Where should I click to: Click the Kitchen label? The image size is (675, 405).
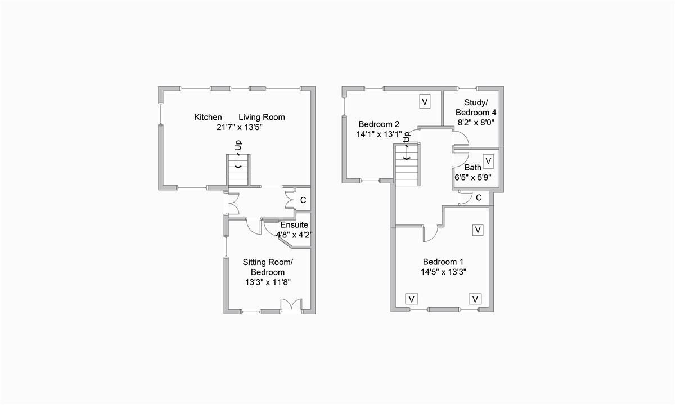[208, 117]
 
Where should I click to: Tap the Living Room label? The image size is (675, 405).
[262, 117]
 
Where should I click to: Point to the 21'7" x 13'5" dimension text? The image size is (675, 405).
[240, 128]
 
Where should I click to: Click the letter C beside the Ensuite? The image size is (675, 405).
[303, 200]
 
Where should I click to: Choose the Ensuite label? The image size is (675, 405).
[294, 225]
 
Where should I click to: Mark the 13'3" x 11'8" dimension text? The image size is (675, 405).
[268, 282]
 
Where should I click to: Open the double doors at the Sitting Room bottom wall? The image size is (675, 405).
[291, 305]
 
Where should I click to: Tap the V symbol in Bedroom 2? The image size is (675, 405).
[425, 102]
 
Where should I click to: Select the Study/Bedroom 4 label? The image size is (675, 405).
[476, 107]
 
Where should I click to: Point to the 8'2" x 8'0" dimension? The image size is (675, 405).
[476, 122]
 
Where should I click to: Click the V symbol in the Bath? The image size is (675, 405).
[488, 161]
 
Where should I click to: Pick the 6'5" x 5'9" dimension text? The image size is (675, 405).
[473, 177]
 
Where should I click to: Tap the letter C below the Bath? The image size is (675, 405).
[479, 197]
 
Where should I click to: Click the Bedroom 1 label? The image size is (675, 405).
[443, 262]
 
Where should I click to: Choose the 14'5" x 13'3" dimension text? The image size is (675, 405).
[443, 272]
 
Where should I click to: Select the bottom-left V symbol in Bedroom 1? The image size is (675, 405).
[411, 299]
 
